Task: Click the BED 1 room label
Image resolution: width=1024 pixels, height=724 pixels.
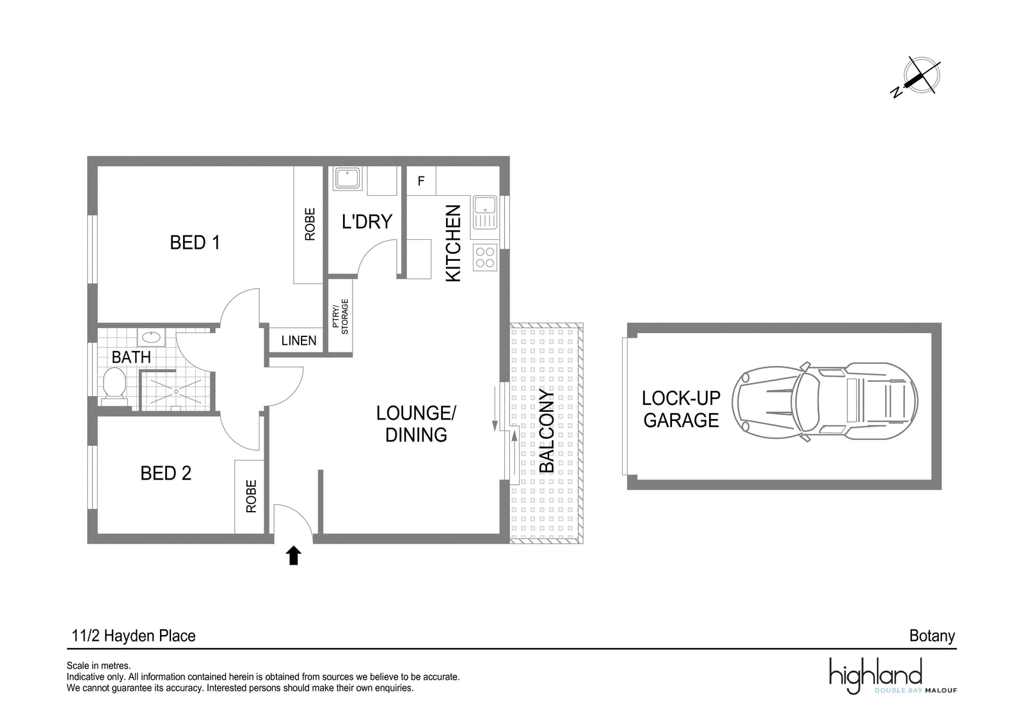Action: click(x=195, y=242)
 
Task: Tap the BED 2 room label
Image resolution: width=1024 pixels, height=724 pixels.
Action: click(x=166, y=473)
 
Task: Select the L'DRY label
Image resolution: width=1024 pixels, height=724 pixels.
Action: click(x=367, y=221)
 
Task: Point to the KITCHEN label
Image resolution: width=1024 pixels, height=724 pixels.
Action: click(x=453, y=243)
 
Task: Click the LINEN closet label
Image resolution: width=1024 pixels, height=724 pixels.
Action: click(x=298, y=341)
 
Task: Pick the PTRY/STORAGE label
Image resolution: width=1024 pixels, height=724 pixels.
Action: click(x=340, y=317)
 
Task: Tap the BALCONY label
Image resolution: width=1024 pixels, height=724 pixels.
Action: click(x=547, y=430)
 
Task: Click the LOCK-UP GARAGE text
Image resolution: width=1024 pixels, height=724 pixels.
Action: click(x=681, y=409)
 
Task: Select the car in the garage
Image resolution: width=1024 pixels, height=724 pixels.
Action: click(x=825, y=402)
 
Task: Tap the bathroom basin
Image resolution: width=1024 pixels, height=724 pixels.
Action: click(x=151, y=338)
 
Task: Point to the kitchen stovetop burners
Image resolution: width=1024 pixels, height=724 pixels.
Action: click(x=485, y=258)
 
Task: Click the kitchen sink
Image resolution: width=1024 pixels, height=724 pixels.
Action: click(x=485, y=212)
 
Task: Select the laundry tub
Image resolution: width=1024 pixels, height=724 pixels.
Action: click(x=348, y=178)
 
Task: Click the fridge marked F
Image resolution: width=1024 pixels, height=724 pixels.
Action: click(x=421, y=181)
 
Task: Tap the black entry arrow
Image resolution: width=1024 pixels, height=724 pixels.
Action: click(x=294, y=555)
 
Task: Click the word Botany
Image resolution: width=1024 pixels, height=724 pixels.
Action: click(x=932, y=636)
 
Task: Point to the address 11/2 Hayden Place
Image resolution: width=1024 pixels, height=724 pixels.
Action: click(x=134, y=636)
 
